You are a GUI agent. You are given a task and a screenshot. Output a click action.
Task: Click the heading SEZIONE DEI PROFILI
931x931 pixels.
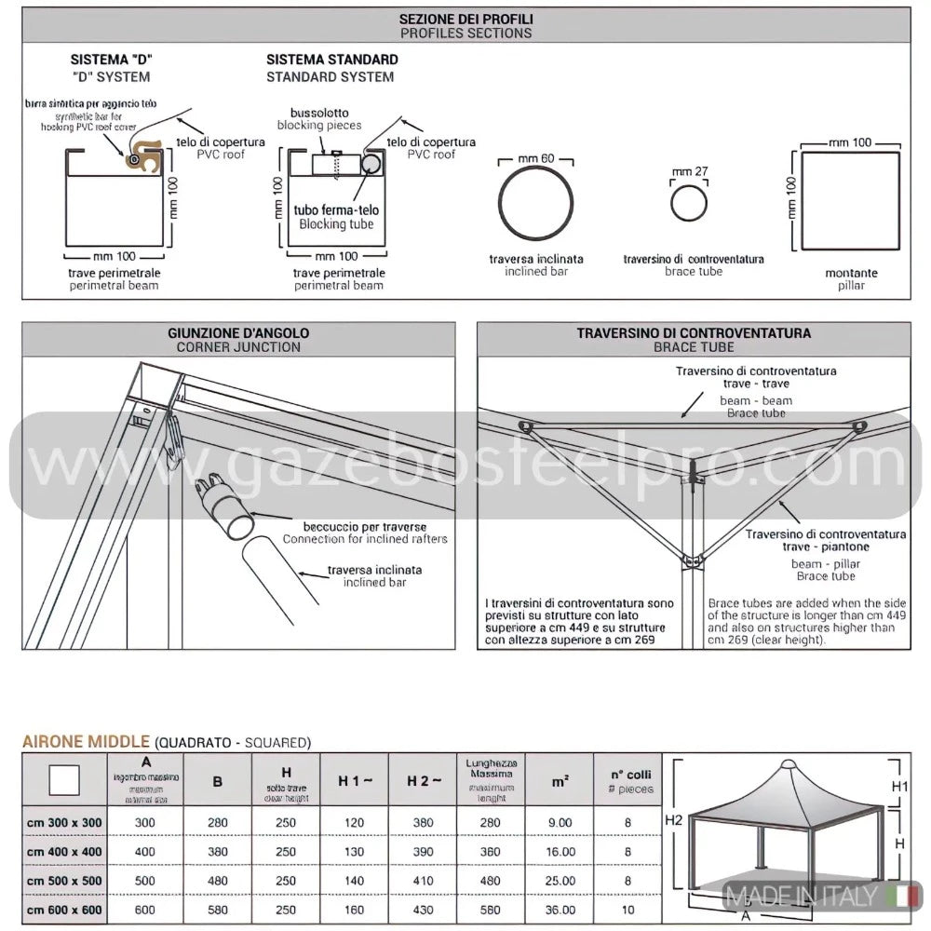click(465, 18)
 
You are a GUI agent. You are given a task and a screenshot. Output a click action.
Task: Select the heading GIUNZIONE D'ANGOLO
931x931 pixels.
click(237, 332)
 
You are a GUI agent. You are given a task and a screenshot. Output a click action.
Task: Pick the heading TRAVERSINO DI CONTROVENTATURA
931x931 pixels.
click(693, 332)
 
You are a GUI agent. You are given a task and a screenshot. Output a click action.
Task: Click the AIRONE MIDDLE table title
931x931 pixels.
click(86, 742)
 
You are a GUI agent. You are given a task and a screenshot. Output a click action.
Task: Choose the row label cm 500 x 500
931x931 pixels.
click(64, 881)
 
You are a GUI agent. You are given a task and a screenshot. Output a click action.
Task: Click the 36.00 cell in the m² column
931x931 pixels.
click(560, 910)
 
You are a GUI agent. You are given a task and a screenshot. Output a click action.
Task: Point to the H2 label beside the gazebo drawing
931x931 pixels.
click(676, 820)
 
